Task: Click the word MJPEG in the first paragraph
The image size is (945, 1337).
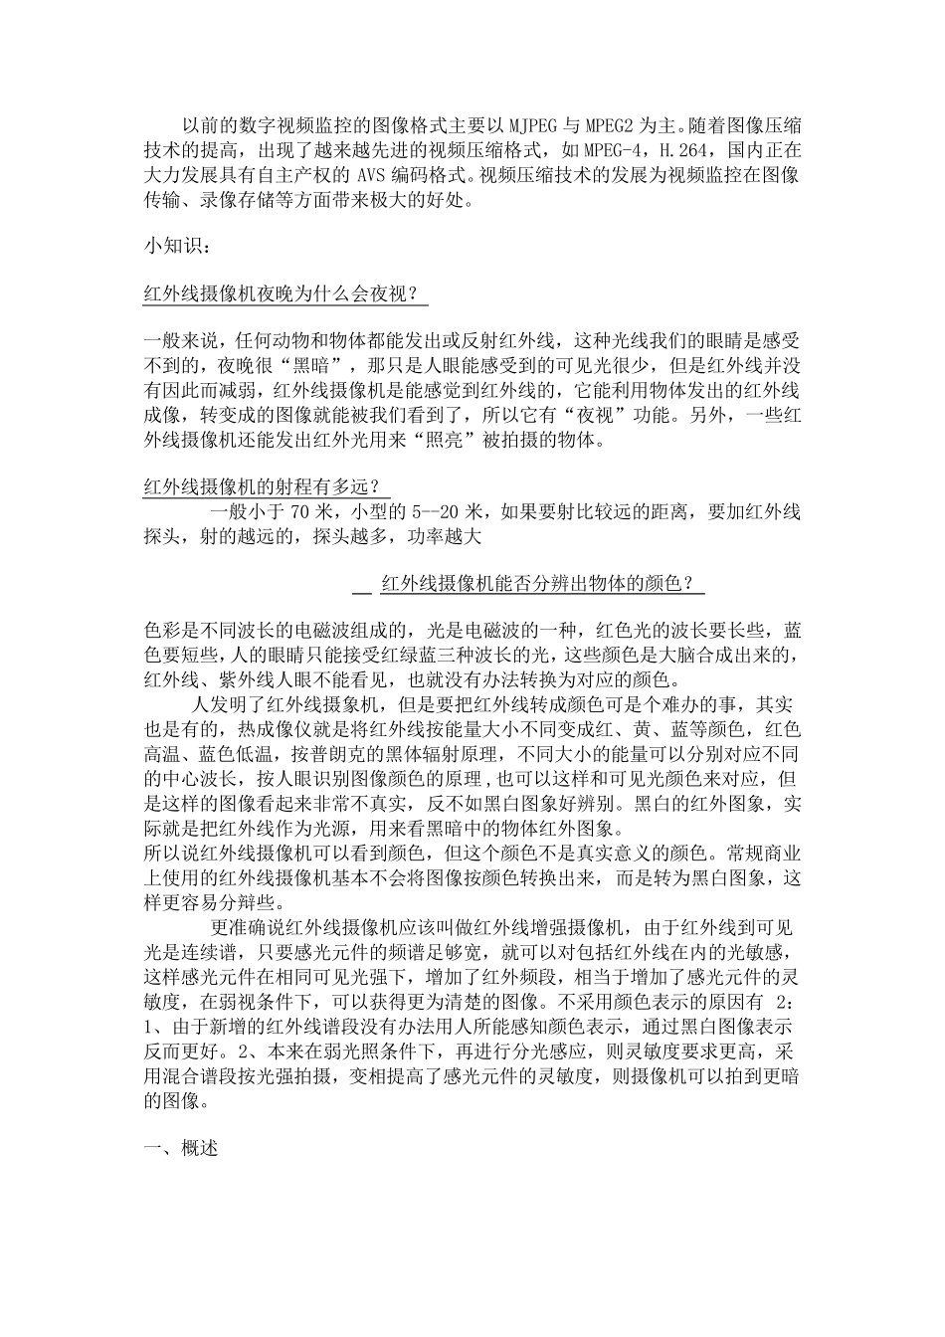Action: pyautogui.click(x=535, y=127)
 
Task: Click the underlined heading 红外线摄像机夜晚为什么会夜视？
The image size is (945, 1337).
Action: pyautogui.click(x=279, y=294)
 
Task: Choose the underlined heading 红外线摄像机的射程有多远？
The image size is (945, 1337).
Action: pyautogui.click(x=266, y=487)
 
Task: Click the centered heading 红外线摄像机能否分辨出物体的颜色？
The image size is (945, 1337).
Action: pyautogui.click(x=537, y=585)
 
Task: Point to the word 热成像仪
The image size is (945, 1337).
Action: pyautogui.click(x=268, y=728)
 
